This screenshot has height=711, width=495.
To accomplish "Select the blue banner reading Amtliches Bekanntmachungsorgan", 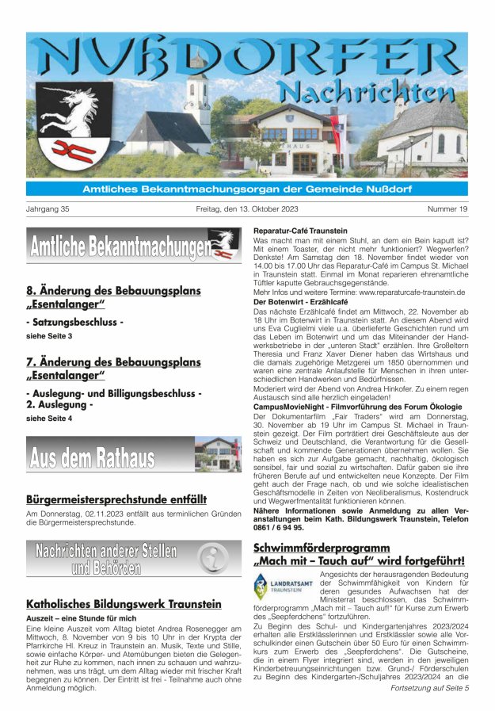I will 247,189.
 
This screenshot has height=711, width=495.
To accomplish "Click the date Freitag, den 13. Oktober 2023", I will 247,209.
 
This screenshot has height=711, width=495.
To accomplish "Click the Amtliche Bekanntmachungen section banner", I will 133,245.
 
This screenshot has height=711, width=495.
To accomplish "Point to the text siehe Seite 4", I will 49,418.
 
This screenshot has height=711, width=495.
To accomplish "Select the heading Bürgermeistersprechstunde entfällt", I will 116,500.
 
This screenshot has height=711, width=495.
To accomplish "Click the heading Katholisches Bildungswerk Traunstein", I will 124,604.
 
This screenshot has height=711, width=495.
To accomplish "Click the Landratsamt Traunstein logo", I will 283,587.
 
